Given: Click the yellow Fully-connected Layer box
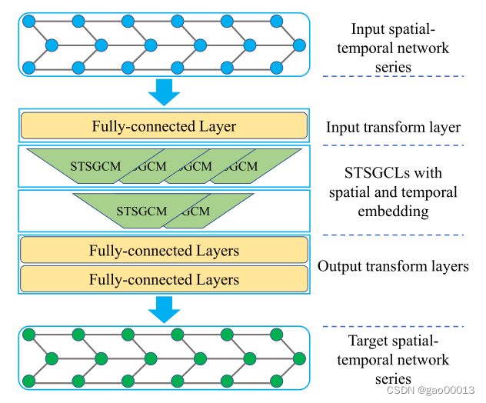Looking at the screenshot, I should pos(164,126).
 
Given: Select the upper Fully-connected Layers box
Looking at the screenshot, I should pos(164,251).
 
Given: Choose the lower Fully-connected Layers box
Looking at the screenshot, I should pos(164,279).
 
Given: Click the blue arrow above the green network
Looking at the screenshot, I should pos(163,309).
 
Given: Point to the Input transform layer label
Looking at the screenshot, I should pos(393,128).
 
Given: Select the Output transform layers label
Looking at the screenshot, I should pos(393,266).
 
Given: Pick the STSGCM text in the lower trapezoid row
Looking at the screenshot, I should pos(141,211).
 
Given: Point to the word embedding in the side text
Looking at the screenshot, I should pos(393,210).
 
